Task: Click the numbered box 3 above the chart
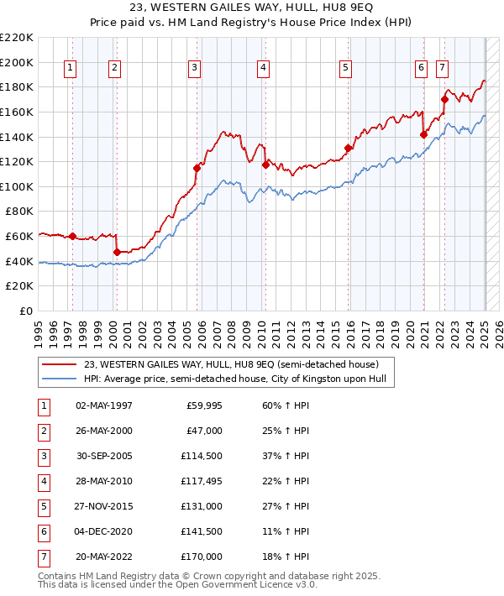click(194, 69)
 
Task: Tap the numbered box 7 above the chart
click(442, 69)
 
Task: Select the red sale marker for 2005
click(197, 168)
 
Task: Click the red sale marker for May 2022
click(444, 99)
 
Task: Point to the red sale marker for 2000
click(117, 252)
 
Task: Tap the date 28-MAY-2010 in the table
click(104, 482)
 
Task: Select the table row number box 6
click(43, 532)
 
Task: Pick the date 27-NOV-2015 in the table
click(104, 507)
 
